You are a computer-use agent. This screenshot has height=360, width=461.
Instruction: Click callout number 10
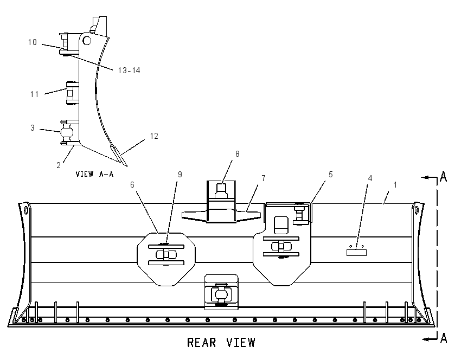[x=33, y=42]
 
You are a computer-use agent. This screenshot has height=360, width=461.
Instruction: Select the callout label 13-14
[x=129, y=70]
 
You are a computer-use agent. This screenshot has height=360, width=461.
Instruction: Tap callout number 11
[x=34, y=94]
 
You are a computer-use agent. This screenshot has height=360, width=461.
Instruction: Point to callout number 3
[x=33, y=128]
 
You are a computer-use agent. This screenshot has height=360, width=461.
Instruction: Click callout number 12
[x=154, y=136]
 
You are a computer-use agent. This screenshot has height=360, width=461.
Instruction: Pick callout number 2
[x=59, y=165]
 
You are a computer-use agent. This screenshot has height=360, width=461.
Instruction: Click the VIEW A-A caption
[x=94, y=174]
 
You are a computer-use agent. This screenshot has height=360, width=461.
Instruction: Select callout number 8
[x=237, y=154]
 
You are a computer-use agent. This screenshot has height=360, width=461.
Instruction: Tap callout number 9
[x=180, y=175]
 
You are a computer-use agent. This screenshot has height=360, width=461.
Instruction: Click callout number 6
[x=132, y=185]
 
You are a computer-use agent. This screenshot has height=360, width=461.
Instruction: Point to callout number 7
[x=264, y=178]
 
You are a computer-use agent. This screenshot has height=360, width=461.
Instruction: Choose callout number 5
[x=330, y=175]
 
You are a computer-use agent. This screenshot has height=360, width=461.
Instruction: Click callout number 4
[x=370, y=178]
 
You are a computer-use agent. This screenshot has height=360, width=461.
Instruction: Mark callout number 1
[x=395, y=185]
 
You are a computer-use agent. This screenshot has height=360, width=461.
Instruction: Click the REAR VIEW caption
[x=221, y=343]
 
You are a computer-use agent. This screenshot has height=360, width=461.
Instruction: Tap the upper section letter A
[x=443, y=177]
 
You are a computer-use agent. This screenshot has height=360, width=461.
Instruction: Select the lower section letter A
[x=443, y=338]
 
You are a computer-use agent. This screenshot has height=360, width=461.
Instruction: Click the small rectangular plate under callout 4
[x=356, y=253]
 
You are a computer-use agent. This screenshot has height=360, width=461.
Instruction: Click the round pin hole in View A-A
[x=87, y=40]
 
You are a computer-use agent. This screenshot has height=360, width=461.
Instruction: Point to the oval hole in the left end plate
[x=26, y=210]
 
